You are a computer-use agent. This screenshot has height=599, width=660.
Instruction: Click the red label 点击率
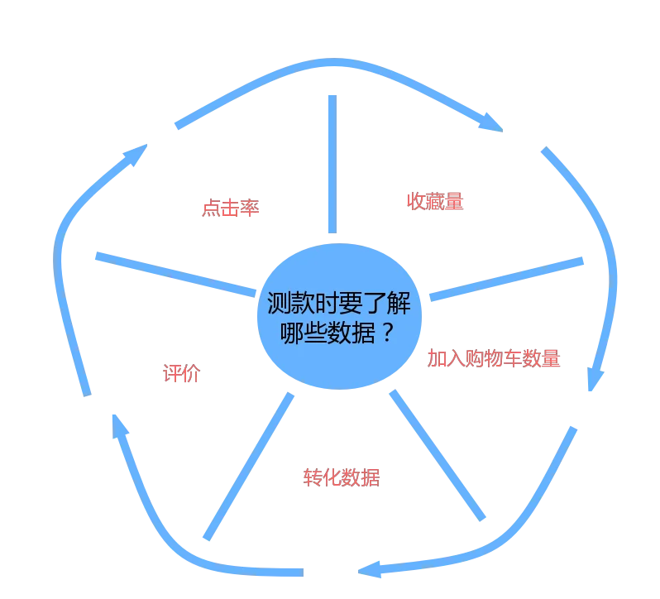pos(230,208)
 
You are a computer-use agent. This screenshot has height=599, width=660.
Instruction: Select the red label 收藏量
pos(435,201)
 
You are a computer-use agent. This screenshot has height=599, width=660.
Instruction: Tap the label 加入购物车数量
pos(494,358)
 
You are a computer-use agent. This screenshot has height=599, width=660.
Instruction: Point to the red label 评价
pos(181,373)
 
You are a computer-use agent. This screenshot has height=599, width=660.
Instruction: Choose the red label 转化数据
pos(342,477)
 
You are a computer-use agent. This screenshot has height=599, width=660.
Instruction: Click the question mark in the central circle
pos(388,332)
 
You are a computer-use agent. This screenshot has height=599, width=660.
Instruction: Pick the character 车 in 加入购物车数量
pos(512,358)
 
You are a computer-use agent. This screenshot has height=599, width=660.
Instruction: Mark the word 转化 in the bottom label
pos(322,477)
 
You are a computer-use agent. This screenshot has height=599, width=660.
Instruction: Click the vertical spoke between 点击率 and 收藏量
pos(332,164)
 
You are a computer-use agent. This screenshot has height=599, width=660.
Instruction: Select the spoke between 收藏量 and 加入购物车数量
pos(506,279)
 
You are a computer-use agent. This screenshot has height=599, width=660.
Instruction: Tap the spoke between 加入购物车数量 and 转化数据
pos(438,456)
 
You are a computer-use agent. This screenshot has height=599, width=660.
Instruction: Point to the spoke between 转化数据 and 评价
pos(248,467)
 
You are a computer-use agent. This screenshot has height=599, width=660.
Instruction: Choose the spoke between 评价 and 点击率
pos(175,275)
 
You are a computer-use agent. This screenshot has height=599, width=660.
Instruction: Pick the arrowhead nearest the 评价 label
pos(119,426)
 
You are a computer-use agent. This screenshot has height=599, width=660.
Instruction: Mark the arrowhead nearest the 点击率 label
pos(136,155)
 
